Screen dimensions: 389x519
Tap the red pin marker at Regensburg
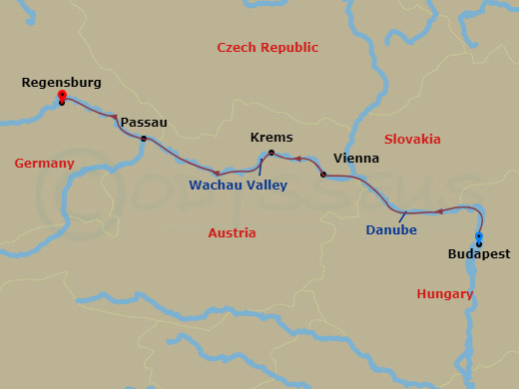point(62,97)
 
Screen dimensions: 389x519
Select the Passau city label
point(144,122)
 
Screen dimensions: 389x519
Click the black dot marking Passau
point(144,139)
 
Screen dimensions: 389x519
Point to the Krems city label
point(270,137)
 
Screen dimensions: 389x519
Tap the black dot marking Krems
point(271,153)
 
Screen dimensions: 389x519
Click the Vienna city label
point(355,159)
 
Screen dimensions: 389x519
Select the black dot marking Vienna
point(323,175)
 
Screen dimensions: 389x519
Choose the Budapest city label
point(478,254)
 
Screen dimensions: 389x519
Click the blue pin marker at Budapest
point(479,237)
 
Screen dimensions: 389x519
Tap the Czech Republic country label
point(267,47)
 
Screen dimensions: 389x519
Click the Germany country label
point(44,164)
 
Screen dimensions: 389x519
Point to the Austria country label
point(232,232)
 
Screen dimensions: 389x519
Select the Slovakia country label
point(412,139)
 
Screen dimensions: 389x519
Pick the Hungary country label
point(445,293)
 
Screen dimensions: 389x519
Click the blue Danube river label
point(390,230)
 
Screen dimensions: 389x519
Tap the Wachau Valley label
point(238,185)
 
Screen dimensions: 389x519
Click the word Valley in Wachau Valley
point(266,185)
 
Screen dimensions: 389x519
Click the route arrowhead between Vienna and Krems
point(296,159)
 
